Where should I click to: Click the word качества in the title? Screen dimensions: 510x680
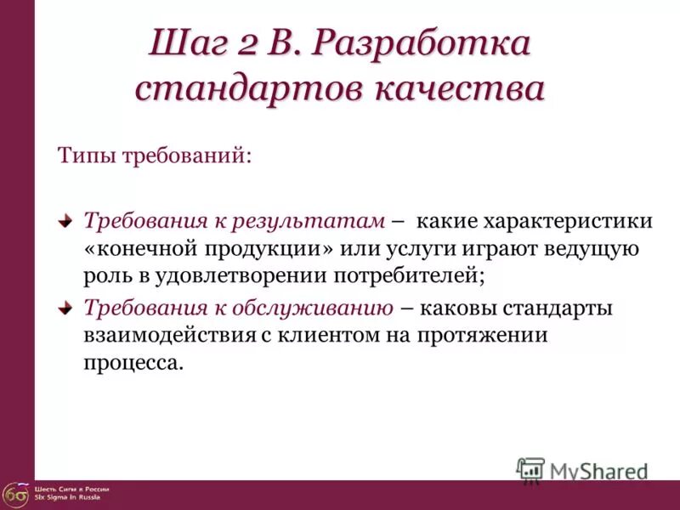(460, 88)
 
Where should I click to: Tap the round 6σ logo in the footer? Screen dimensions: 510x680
(14, 494)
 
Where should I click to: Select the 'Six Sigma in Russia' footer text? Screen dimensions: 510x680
(67, 497)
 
